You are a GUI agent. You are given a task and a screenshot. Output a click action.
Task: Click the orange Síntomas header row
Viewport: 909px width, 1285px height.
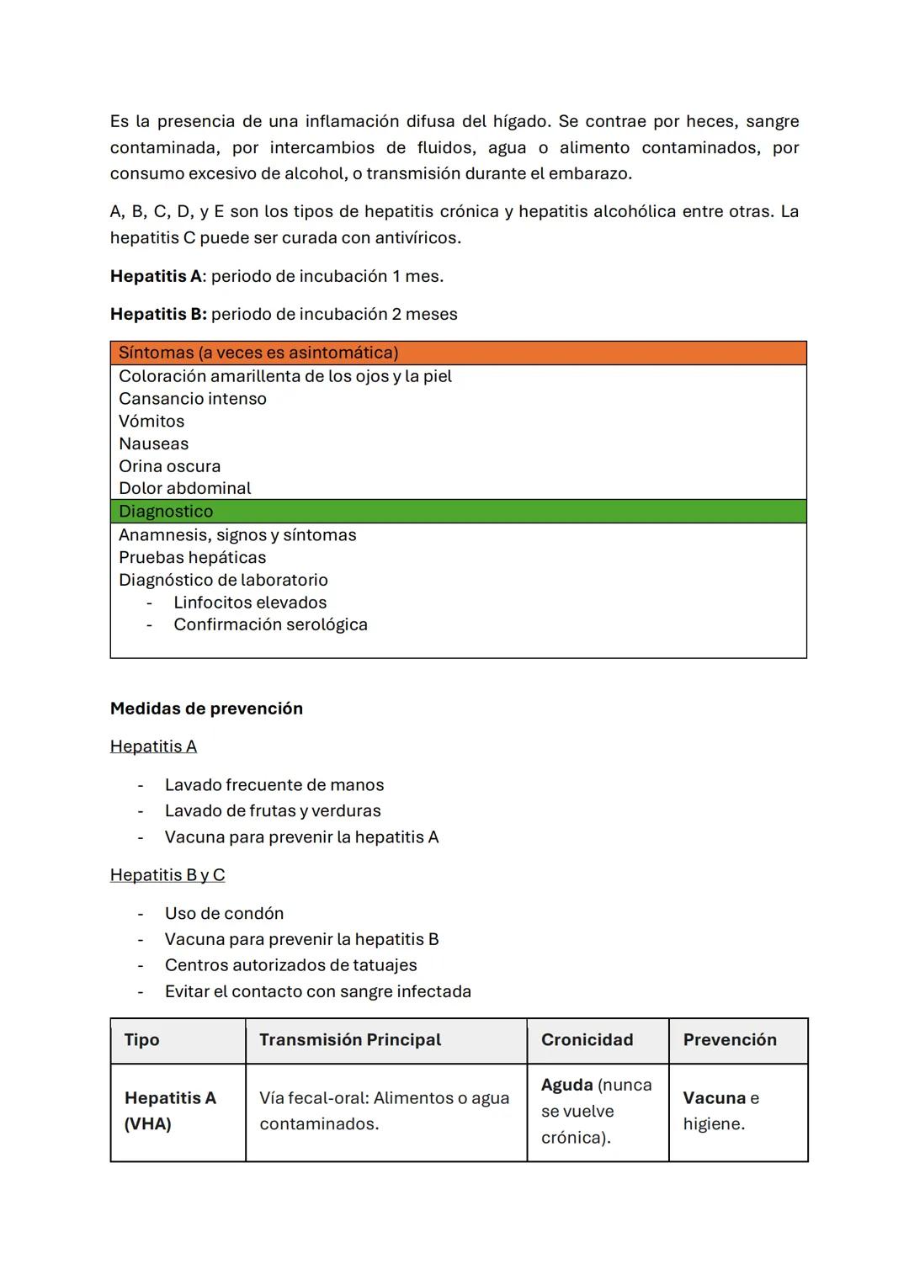coord(458,353)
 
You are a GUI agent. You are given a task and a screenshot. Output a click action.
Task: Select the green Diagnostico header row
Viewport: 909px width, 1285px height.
coord(458,511)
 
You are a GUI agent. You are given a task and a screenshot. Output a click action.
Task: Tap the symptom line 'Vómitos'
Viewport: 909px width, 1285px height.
coord(151,421)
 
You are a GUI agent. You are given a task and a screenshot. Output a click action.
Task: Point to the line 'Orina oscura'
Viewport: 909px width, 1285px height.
coord(169,465)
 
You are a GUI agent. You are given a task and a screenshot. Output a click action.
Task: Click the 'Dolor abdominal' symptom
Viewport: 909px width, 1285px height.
coord(184,488)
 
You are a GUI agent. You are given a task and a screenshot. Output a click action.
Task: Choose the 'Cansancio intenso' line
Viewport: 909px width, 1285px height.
coord(192,399)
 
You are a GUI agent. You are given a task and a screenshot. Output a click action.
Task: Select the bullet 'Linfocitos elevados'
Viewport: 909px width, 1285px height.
coord(250,603)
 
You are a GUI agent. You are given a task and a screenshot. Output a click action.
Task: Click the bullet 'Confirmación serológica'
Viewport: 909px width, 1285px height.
coord(270,624)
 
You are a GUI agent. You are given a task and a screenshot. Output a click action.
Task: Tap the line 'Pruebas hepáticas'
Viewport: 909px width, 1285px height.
coord(192,557)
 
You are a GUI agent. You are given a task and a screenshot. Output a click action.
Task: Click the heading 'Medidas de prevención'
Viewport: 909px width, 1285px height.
coord(206,709)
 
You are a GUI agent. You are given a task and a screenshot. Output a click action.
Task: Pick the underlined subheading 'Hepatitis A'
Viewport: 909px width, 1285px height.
coord(153,746)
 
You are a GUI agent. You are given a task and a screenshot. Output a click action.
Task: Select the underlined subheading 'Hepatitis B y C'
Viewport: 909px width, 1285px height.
coord(167,875)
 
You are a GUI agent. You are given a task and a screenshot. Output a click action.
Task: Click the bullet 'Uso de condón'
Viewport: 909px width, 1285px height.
coord(224,913)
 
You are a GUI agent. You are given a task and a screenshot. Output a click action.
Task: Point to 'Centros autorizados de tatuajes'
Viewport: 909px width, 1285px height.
coord(290,965)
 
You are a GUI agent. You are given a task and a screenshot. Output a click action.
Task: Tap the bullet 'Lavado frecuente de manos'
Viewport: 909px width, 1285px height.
coord(274,785)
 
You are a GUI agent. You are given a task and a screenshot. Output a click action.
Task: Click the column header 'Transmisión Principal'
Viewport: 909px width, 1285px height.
coord(350,1040)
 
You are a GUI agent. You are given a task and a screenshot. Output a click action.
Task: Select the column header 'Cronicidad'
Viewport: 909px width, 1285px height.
coord(587,1040)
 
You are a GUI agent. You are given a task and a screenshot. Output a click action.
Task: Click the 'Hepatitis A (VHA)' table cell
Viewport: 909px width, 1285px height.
coord(170,1111)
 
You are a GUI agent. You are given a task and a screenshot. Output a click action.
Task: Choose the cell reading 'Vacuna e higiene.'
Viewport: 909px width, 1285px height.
coord(720,1111)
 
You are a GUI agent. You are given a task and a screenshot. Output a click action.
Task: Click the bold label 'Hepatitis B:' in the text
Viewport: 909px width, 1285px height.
coord(158,314)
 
